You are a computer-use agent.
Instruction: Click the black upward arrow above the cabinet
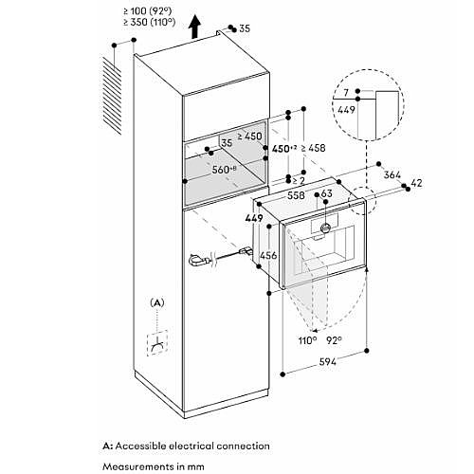tap(195, 27)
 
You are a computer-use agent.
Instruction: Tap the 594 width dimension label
tap(328, 361)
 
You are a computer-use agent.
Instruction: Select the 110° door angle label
tap(307, 340)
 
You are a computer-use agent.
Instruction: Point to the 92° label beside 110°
tap(334, 340)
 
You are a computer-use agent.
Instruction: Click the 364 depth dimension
tap(392, 174)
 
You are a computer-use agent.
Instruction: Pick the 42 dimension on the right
tap(416, 183)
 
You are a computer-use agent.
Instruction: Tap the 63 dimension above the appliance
tap(326, 192)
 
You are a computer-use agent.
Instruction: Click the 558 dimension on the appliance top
tap(296, 195)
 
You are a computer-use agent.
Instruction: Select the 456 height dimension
tap(268, 255)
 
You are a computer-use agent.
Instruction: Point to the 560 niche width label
tap(225, 170)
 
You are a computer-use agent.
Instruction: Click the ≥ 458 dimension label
tap(313, 148)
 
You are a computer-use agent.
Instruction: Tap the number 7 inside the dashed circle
tap(346, 93)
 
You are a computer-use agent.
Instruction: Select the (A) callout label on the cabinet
tap(157, 302)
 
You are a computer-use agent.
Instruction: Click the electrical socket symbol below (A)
tap(157, 343)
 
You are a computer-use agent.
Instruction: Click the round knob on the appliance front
tap(325, 227)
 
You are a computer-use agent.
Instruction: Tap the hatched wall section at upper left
tap(112, 96)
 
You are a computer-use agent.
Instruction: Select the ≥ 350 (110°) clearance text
tap(150, 22)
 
